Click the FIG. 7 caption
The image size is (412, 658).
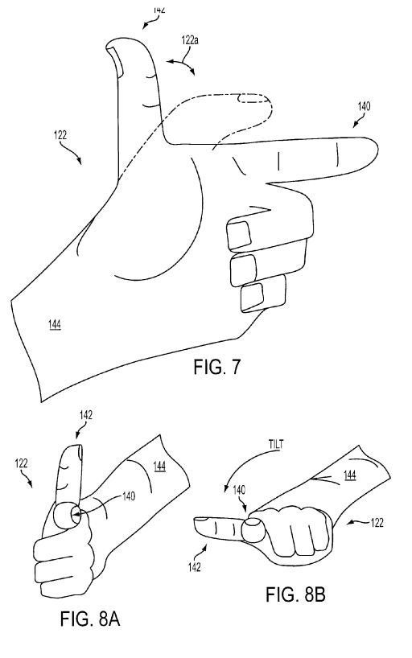217,367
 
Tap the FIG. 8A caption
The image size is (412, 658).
90,619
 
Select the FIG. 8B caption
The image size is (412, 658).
295,594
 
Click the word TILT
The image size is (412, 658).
275,444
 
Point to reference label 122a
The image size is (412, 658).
190,40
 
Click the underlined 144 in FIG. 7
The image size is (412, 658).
54,324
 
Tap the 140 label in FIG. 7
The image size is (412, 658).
365,106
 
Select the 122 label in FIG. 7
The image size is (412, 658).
60,135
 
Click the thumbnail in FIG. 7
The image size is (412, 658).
114,61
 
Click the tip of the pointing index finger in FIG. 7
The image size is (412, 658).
378,150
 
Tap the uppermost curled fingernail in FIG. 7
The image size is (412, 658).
239,234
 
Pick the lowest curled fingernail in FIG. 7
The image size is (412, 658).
253,297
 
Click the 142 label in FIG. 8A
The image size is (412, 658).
85,415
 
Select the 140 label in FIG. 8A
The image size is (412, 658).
129,496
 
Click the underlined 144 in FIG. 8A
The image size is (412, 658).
159,467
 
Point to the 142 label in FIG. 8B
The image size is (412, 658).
195,567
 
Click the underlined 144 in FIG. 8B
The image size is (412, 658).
350,475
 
